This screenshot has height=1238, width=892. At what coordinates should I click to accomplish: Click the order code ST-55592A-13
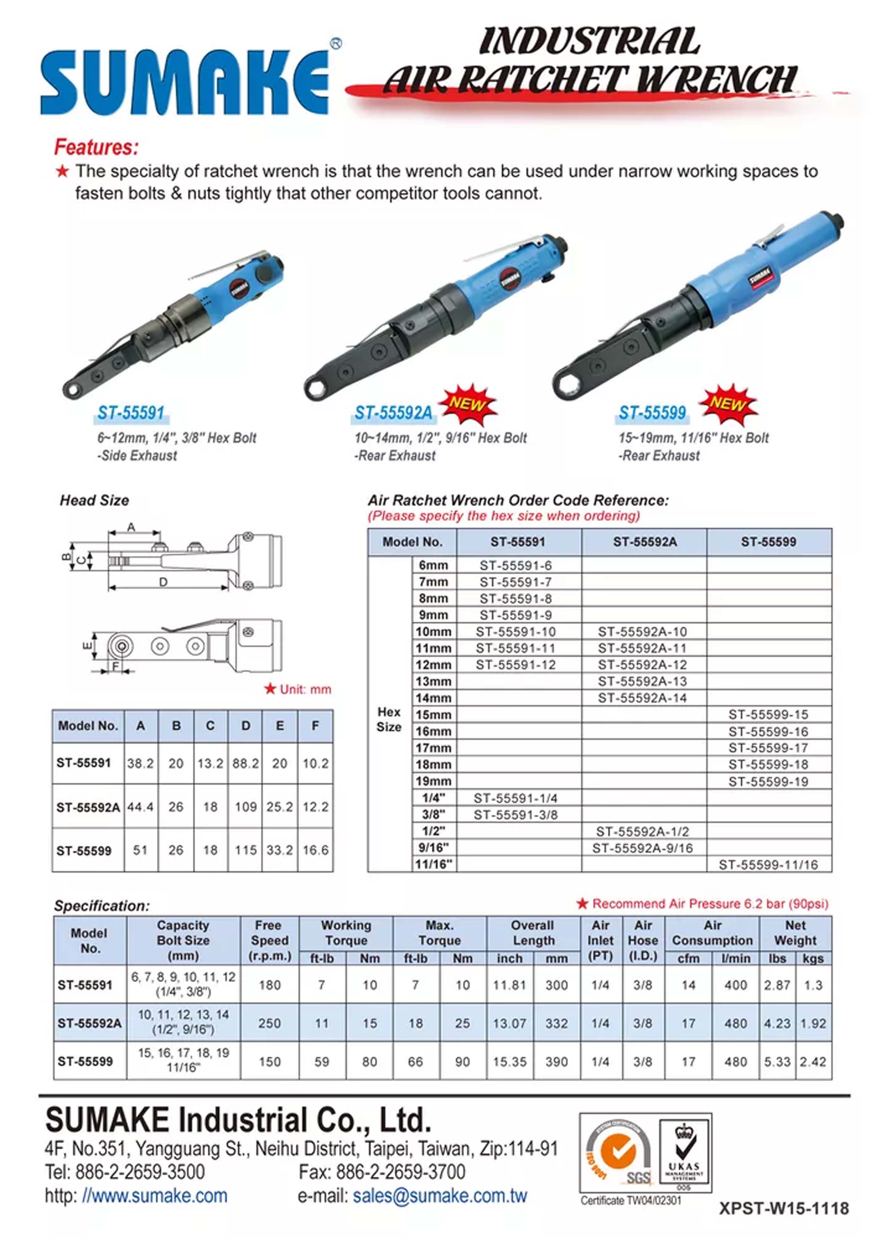(642, 681)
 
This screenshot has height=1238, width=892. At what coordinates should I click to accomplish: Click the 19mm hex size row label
(434, 781)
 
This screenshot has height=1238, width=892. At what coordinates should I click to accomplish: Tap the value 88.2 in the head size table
(245, 763)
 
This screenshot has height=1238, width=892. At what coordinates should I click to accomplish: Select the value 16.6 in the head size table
(315, 850)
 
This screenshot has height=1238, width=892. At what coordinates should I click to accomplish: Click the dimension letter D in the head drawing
(163, 583)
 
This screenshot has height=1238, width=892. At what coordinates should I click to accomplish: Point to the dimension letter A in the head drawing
(131, 527)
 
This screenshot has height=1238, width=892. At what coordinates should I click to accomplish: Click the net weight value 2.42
(813, 1062)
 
